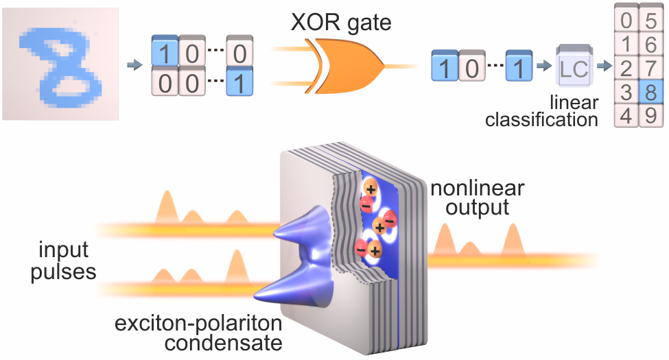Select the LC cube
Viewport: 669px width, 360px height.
[574, 68]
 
